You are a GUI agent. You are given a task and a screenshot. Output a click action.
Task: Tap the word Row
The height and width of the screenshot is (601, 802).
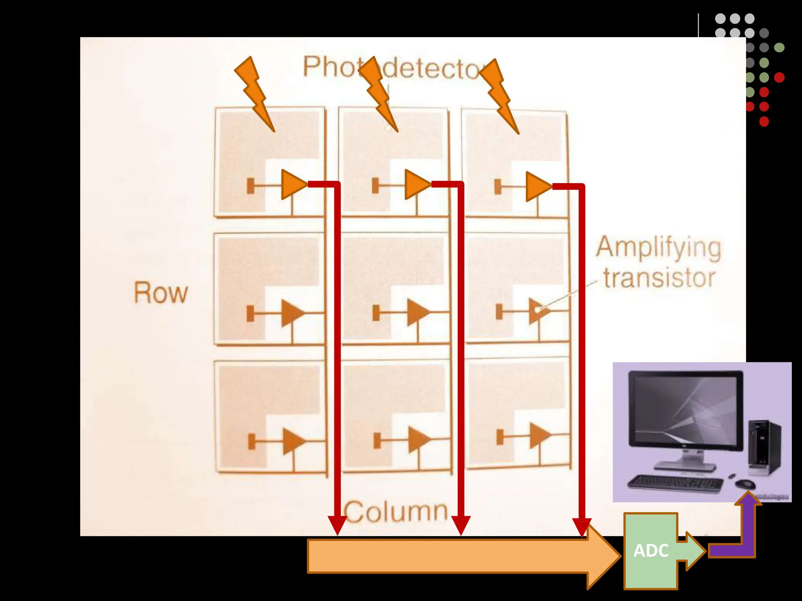pyautogui.click(x=161, y=293)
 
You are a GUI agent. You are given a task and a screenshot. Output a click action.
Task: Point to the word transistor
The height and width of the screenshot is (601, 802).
pyautogui.click(x=659, y=278)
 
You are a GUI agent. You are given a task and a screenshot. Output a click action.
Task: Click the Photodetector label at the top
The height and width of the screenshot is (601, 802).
pyautogui.click(x=392, y=67)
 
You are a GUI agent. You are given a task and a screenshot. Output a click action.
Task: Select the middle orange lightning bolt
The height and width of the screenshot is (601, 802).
pyautogui.click(x=378, y=94)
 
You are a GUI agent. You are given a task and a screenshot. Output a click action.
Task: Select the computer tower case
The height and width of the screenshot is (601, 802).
pyautogui.click(x=764, y=446)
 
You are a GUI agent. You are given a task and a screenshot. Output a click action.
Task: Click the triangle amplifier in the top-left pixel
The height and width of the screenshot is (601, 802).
pyautogui.click(x=293, y=184)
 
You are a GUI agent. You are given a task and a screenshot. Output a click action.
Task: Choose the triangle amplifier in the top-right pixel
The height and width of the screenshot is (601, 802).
pyautogui.click(x=537, y=186)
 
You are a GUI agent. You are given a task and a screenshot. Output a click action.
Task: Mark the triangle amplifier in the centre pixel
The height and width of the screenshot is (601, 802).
pyautogui.click(x=417, y=313)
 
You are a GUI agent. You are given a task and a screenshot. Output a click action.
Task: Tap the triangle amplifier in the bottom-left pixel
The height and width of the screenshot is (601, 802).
pyautogui.click(x=293, y=441)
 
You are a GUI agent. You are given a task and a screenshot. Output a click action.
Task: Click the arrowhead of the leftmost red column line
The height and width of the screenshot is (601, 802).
pyautogui.click(x=337, y=525)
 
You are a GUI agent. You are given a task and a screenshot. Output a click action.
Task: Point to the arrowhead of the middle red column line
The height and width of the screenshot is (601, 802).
pyautogui.click(x=461, y=525)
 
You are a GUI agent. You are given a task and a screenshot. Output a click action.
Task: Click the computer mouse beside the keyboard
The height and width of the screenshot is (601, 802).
pyautogui.click(x=745, y=484)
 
